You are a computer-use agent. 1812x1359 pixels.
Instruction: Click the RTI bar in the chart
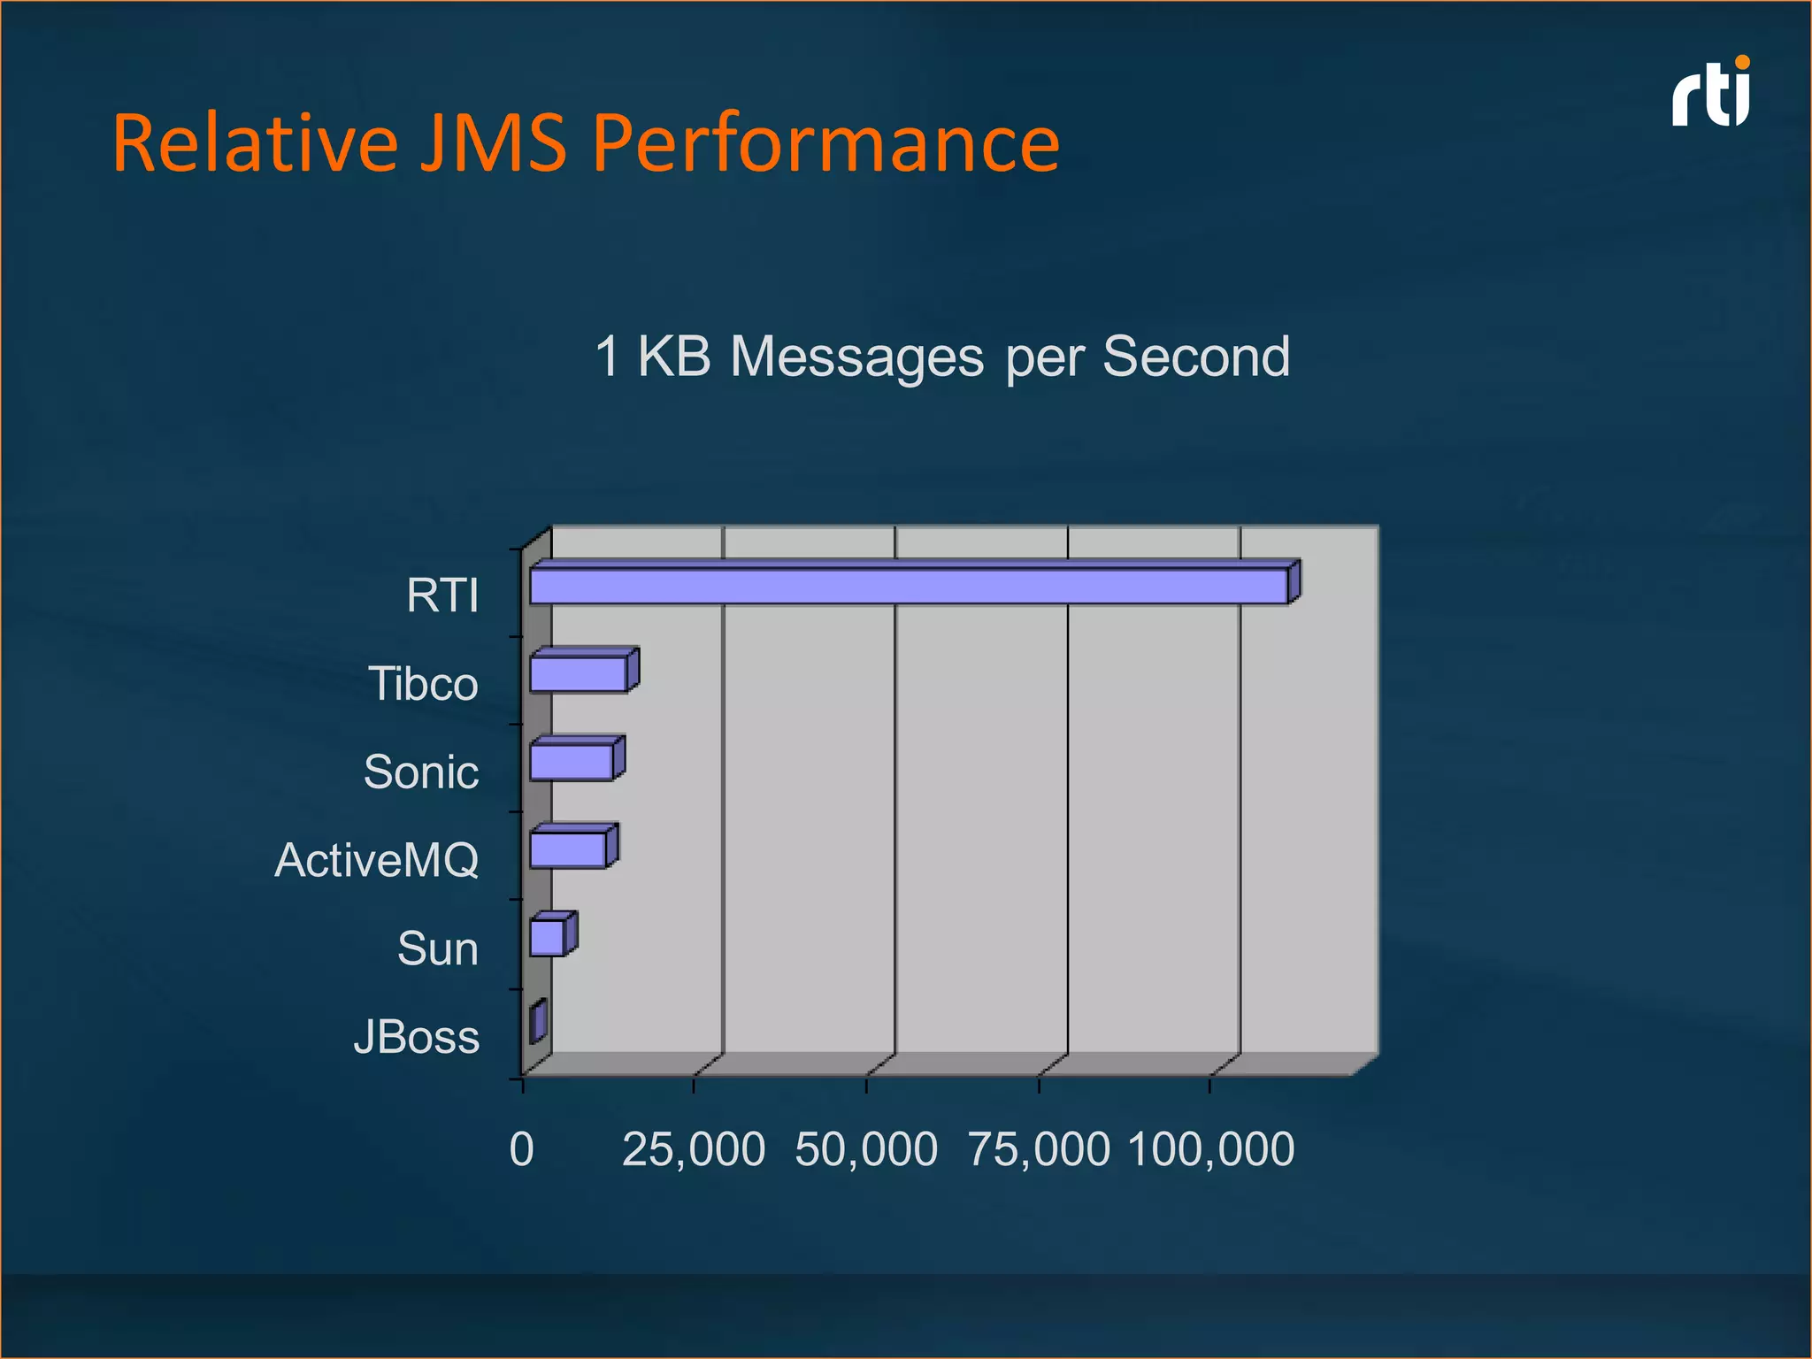[x=909, y=587]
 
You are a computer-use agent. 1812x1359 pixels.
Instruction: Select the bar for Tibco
[x=579, y=673]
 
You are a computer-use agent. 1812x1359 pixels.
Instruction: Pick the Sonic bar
[x=572, y=762]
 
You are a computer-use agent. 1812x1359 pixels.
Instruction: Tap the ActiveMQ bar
[x=568, y=849]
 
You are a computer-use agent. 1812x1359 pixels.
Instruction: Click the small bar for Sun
[x=548, y=937]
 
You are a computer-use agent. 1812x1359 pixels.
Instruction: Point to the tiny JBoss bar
[x=537, y=1022]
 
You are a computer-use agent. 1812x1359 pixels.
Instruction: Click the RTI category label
[x=442, y=595]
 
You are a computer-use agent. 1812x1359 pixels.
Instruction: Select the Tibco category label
[x=423, y=684]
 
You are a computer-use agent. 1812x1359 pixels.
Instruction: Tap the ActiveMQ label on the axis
[x=377, y=860]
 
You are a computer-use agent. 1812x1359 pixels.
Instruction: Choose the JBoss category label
[x=416, y=1037]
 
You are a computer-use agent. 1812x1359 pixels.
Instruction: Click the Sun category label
[x=438, y=948]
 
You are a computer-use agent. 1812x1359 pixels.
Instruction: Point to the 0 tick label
[x=522, y=1149]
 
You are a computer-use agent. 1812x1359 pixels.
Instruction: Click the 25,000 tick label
[x=693, y=1149]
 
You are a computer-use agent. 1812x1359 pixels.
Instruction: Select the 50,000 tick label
[x=865, y=1149]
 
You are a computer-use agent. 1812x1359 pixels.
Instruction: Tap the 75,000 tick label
[x=1038, y=1149]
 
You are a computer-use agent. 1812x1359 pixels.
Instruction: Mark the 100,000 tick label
[x=1210, y=1149]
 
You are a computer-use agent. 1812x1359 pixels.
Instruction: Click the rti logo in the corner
[x=1711, y=94]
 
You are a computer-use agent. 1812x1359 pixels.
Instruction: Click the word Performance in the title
[x=825, y=143]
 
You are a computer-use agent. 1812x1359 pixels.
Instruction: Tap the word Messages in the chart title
[x=856, y=357]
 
